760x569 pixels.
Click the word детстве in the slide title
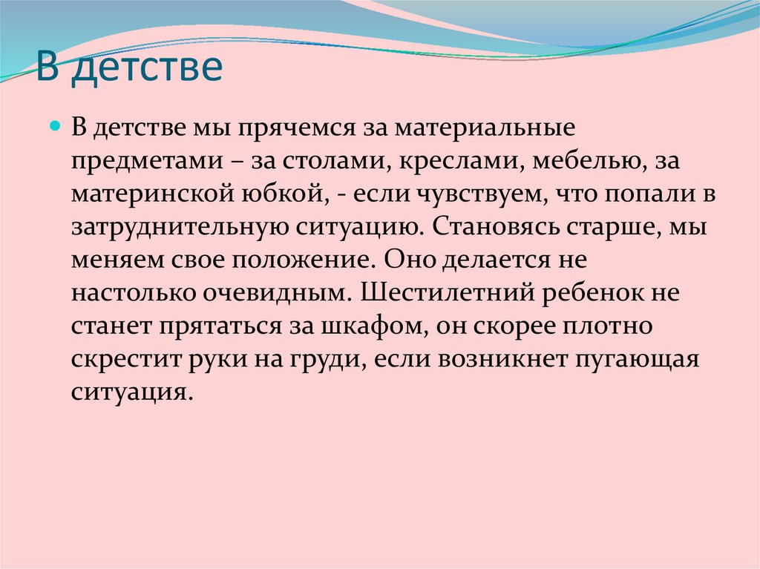(x=148, y=68)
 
